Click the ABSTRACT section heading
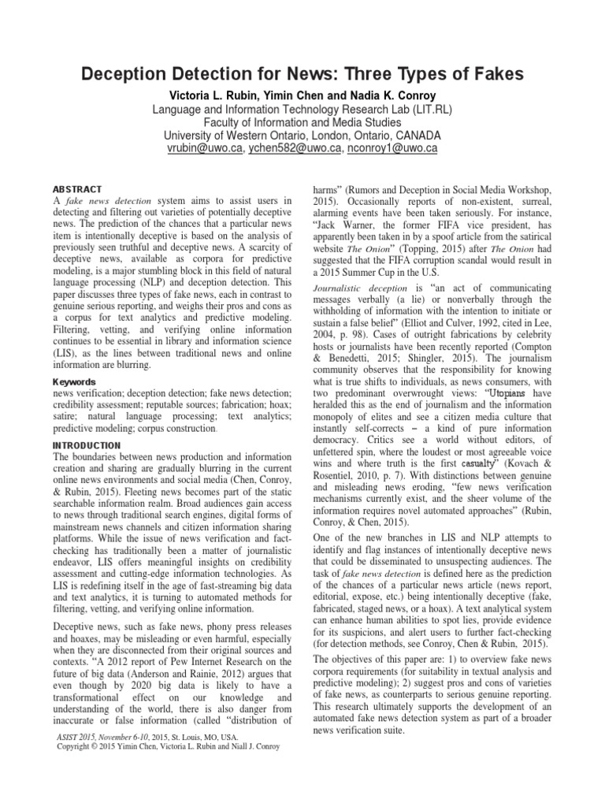[77, 189]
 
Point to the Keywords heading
[75, 359]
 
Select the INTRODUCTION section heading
[86, 444]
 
